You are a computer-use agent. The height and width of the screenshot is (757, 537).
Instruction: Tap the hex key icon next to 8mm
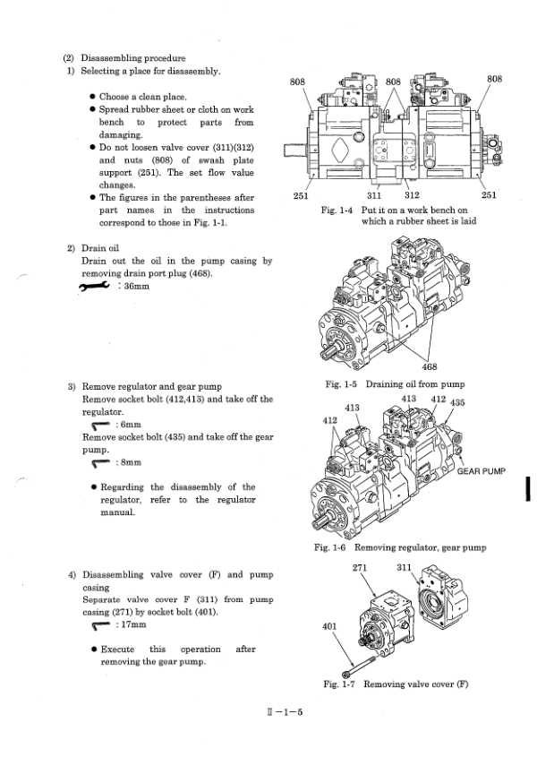click(x=102, y=463)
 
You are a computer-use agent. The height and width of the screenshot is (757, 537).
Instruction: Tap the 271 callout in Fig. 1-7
click(x=362, y=568)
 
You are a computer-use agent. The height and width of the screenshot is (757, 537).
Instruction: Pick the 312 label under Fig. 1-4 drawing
click(x=413, y=196)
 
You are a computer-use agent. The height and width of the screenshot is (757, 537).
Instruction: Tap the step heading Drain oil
click(x=106, y=247)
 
